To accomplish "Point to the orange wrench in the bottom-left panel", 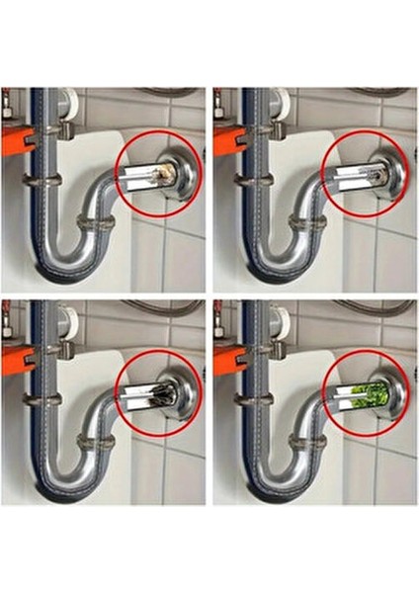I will point(14,361).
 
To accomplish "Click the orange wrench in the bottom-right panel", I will point(225,361).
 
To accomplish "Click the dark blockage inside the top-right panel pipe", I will point(374,175).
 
